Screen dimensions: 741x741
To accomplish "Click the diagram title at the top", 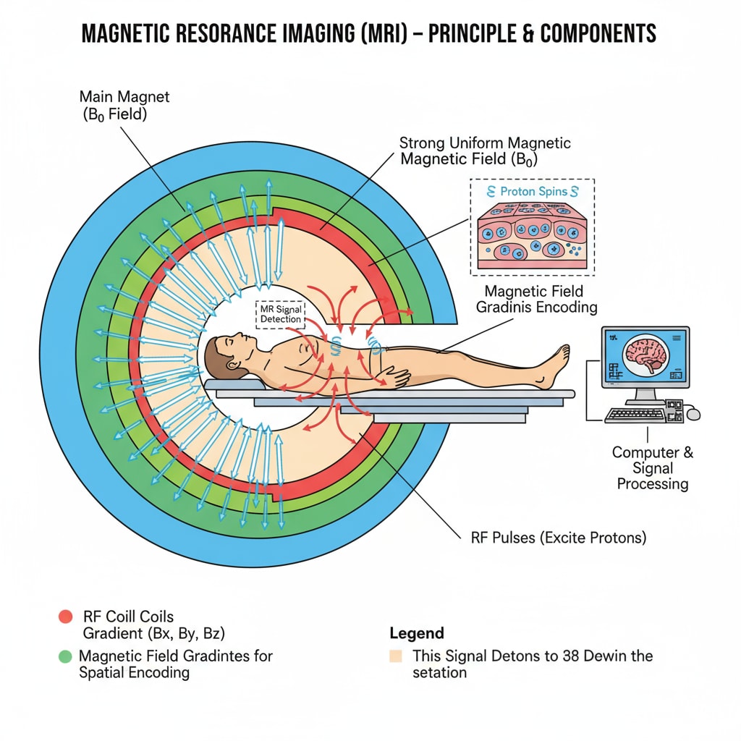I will (369, 33).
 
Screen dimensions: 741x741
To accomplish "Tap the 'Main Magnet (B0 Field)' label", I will (124, 106).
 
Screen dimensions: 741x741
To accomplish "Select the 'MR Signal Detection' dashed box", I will (281, 314).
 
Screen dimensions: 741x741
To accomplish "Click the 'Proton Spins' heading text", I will (532, 192).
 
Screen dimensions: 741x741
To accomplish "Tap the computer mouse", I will (693, 413).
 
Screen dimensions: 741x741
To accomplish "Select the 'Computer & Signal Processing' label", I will (652, 467).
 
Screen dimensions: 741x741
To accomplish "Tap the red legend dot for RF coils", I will (65, 617).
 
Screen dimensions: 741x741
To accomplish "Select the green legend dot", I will (65, 656).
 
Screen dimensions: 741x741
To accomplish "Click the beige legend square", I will (396, 656).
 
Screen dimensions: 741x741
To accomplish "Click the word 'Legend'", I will (417, 633).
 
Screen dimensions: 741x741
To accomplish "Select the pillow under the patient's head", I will (221, 385).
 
